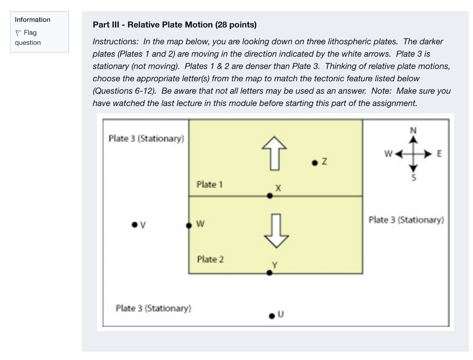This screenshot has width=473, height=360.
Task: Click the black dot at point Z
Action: coord(315,162)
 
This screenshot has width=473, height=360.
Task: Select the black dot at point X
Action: coord(270,196)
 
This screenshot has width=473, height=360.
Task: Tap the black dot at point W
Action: coord(188,226)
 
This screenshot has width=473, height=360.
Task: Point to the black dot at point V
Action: coord(134,225)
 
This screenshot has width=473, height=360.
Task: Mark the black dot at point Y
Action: coord(270,273)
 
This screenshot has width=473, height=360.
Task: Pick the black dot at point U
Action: coord(272,316)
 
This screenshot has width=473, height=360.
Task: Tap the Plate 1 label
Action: coord(209,185)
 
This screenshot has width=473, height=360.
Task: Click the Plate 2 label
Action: coord(210,259)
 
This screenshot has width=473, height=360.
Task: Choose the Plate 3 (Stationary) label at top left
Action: coord(146,138)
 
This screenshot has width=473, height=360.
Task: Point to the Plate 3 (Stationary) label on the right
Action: coord(406,220)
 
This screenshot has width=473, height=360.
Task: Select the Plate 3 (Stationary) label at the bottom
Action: coord(153,308)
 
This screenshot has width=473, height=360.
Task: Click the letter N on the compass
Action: coord(413,130)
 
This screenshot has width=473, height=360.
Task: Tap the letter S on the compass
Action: coord(413,177)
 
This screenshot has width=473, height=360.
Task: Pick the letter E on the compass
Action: coord(439,154)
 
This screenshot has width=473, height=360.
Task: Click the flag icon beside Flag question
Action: coord(18,33)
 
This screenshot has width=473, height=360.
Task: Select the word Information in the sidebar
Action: coord(32,20)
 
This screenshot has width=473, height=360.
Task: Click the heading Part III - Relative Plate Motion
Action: coord(175,24)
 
